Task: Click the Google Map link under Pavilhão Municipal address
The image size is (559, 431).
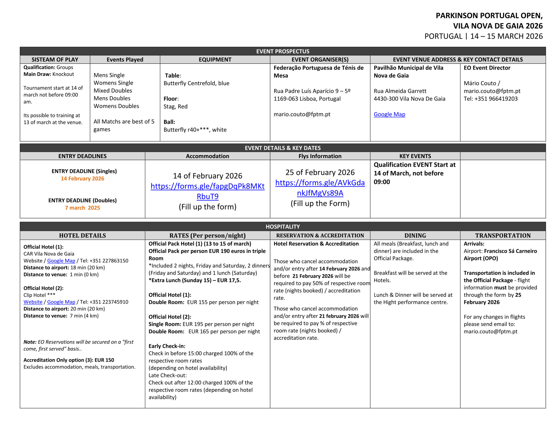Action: click(x=389, y=114)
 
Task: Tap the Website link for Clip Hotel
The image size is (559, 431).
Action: click(x=33, y=302)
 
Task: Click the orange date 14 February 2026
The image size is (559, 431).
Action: click(x=82, y=179)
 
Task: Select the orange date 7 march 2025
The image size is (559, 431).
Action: click(x=82, y=208)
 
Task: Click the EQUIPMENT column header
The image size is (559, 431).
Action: click(x=215, y=59)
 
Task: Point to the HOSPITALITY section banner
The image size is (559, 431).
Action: click(x=283, y=227)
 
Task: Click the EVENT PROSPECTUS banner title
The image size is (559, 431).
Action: click(x=283, y=51)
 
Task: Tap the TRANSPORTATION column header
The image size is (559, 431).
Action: click(x=503, y=236)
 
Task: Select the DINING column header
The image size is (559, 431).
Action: click(x=415, y=236)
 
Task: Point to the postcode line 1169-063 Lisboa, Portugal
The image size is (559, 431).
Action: click(x=307, y=99)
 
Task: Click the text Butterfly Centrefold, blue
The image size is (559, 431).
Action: click(x=196, y=83)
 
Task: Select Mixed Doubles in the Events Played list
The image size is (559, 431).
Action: click(x=113, y=91)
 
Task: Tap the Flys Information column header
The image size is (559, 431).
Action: click(x=320, y=156)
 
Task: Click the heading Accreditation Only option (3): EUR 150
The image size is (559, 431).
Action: click(x=69, y=360)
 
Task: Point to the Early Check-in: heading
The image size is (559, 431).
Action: click(x=167, y=346)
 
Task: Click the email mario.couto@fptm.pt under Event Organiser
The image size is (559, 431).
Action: click(x=302, y=114)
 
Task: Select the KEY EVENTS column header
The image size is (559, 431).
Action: click(x=415, y=156)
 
